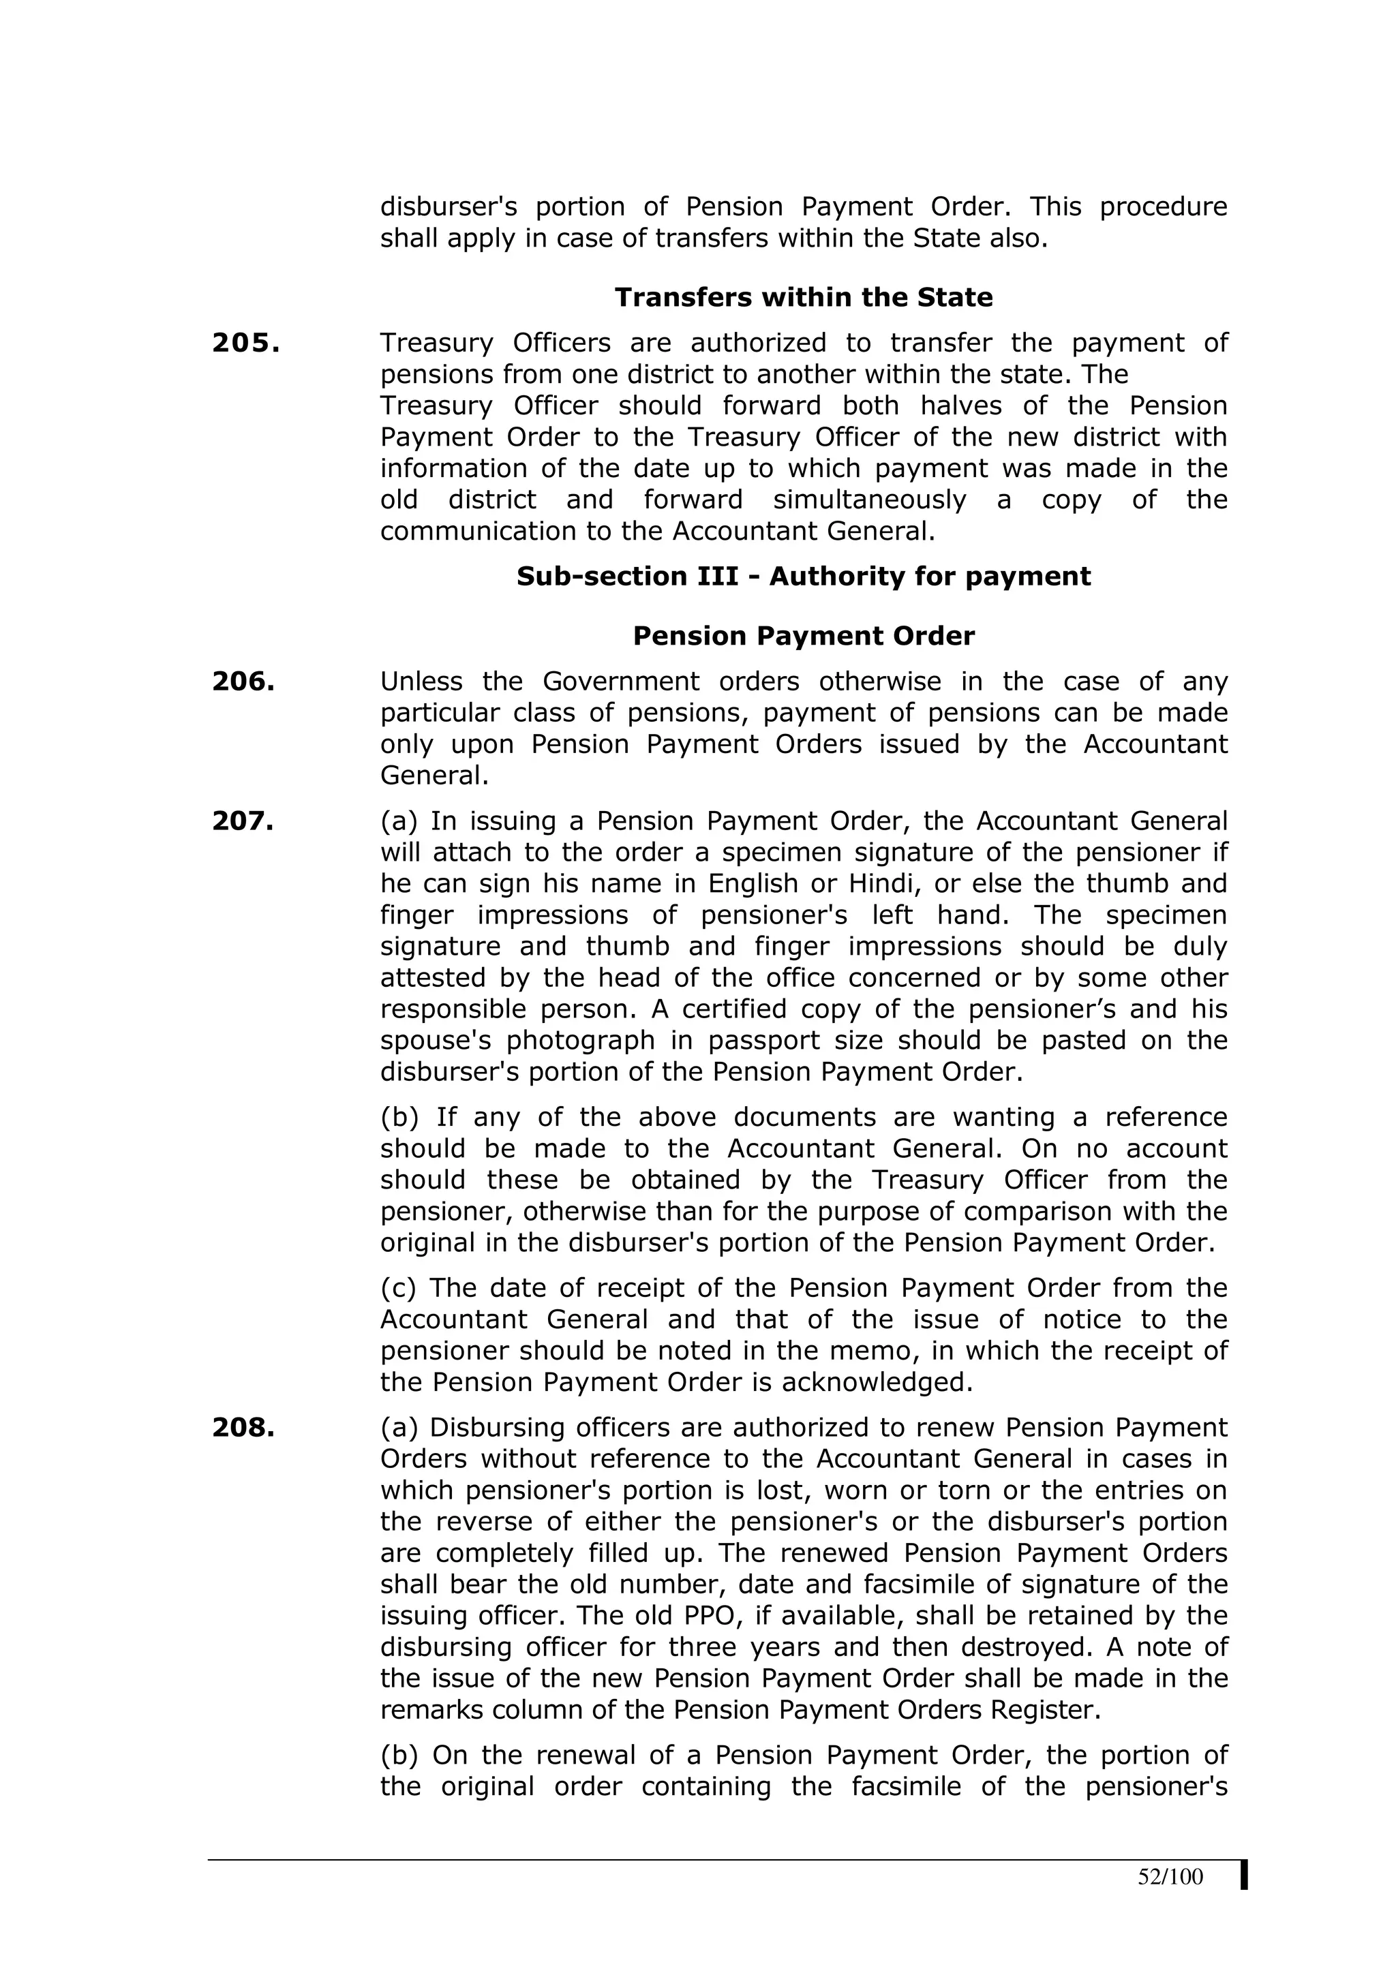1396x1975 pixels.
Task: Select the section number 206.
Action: point(243,682)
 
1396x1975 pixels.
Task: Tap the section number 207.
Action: point(243,821)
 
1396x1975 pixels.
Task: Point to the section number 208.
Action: point(243,1427)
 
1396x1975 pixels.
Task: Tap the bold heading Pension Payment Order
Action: point(804,636)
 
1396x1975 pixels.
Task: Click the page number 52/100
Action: point(1170,1877)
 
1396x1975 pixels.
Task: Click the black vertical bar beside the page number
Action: point(1244,1876)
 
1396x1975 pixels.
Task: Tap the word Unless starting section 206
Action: point(421,682)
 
